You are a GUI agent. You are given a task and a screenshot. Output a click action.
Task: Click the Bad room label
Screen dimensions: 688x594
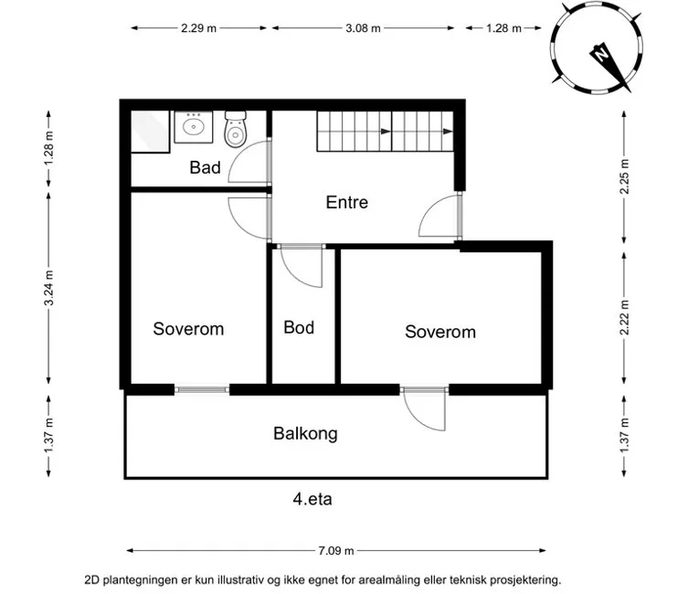[x=205, y=167]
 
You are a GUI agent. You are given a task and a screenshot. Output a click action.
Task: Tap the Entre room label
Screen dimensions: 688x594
[x=346, y=202]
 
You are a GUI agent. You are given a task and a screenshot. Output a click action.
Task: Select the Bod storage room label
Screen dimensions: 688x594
[x=299, y=327]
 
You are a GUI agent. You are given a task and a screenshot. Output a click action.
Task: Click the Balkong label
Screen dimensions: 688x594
[x=305, y=433]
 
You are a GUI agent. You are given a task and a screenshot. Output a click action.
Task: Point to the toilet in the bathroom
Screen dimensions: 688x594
[x=236, y=129]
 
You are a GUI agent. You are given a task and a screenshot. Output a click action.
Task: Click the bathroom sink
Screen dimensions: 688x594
[x=194, y=127]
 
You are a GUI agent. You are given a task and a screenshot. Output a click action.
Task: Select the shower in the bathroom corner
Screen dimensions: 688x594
[x=150, y=132]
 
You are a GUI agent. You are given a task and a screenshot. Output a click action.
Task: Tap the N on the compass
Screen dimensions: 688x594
[x=599, y=55]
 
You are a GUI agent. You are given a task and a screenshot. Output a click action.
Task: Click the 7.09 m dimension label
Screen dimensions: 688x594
[x=336, y=550]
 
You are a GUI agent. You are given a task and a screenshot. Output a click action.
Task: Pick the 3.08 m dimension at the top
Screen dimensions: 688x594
[x=363, y=28]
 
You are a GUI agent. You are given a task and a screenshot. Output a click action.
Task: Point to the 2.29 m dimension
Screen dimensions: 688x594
[x=199, y=28]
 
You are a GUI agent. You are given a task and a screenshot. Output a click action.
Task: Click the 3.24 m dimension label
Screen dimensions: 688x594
[x=48, y=288]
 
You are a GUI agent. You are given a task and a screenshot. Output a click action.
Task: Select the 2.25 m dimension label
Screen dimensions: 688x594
[x=624, y=176]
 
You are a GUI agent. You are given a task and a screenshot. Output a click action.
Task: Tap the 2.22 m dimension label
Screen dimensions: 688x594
[x=624, y=318]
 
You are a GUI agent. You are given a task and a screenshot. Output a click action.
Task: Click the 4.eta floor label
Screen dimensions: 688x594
[x=312, y=499]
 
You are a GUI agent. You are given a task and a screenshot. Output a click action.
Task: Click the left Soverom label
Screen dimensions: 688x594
[x=188, y=329]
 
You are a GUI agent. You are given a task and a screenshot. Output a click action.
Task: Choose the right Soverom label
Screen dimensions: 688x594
[x=440, y=332]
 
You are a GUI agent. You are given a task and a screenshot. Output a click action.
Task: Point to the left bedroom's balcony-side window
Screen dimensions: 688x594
[x=202, y=389]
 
